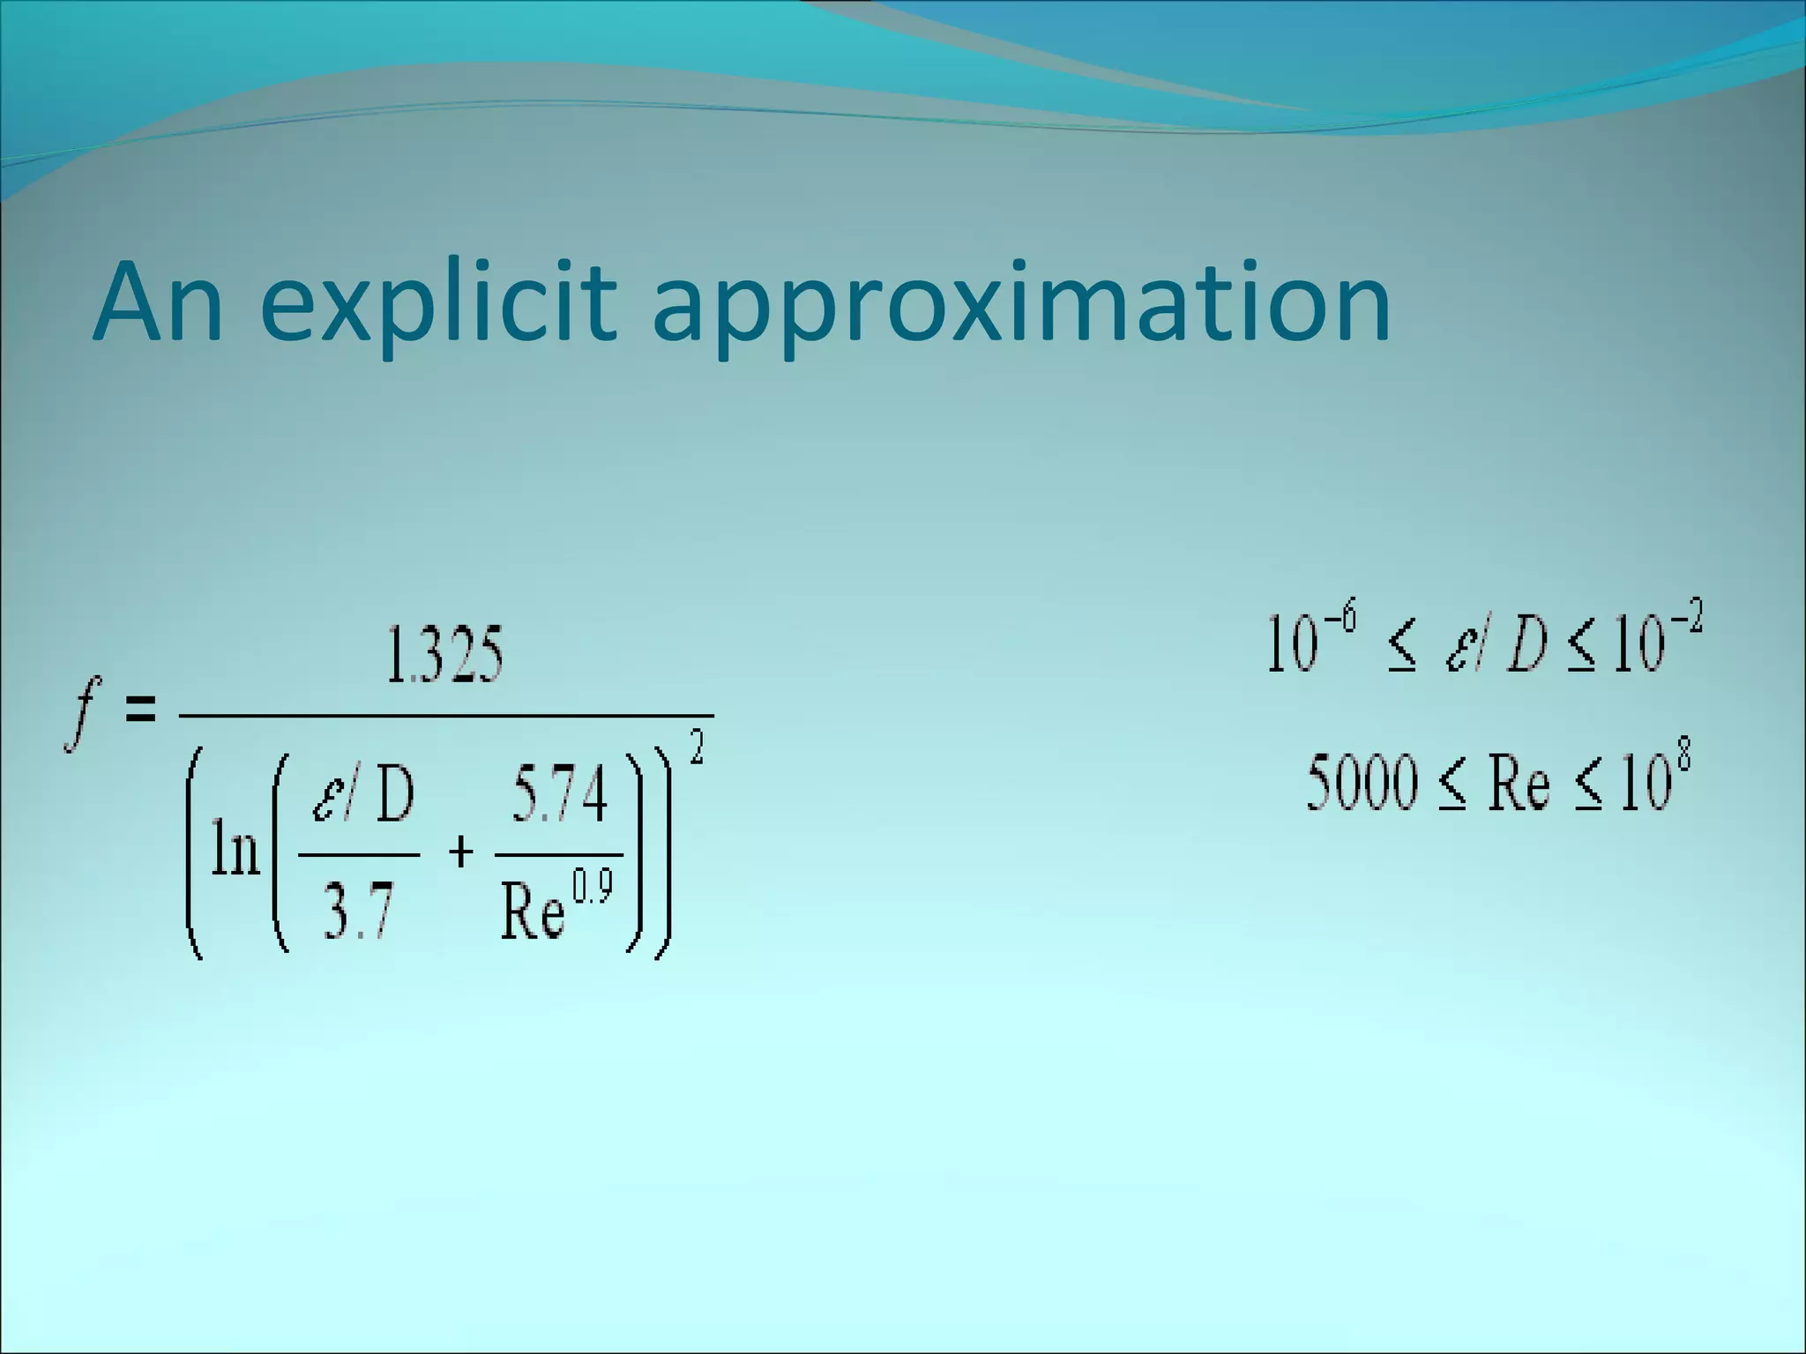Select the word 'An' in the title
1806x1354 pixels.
159,301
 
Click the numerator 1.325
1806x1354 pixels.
445,657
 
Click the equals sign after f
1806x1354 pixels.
141,709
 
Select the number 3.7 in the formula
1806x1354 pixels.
357,911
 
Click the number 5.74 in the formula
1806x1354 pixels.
560,795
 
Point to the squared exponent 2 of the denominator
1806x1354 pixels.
697,752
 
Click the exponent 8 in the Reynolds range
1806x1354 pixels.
1683,758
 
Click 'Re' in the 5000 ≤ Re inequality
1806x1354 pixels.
1519,784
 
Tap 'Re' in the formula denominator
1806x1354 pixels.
533,913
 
